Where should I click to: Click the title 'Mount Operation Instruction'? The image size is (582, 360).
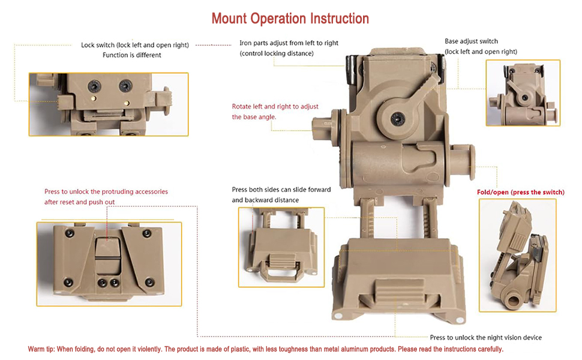290,19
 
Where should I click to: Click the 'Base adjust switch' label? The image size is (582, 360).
471,41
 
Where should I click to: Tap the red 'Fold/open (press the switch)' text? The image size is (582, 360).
520,192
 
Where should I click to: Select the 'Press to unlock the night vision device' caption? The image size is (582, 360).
485,337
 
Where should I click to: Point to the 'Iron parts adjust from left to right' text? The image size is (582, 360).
289,43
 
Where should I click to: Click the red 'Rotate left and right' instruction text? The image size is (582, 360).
275,106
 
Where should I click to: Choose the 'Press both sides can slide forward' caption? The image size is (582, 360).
281,190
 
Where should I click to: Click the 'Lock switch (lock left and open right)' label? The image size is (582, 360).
135,45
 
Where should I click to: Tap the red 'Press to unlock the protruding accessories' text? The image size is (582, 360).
106,192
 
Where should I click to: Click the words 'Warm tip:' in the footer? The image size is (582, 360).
41,349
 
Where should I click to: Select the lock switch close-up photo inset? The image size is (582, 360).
108,104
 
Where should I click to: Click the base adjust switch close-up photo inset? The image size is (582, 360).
523,92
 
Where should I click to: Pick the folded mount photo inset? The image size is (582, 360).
517,255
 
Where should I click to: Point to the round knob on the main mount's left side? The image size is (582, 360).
322,125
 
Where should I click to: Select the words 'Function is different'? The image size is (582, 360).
131,55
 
